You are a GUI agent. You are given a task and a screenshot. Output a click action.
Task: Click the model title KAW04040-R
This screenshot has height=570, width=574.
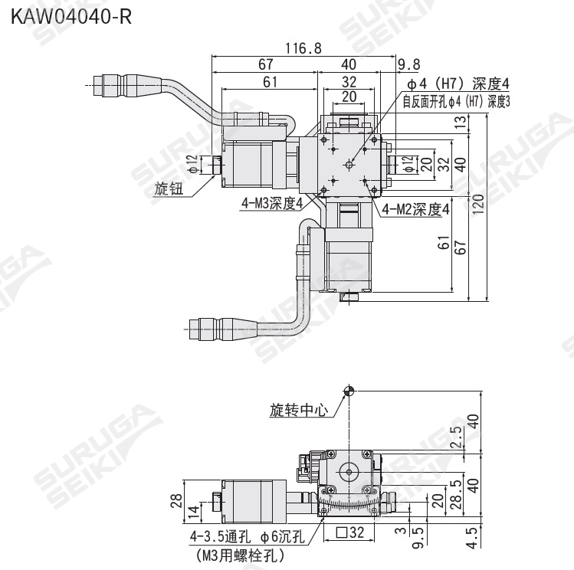(71, 17)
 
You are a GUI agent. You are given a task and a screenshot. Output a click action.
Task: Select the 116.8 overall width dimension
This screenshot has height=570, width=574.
(303, 48)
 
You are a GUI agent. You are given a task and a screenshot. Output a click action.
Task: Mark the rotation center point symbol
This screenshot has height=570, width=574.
(349, 391)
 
